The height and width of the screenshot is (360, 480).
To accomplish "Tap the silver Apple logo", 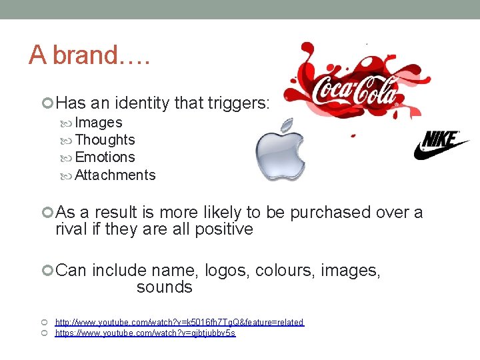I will click(280, 150).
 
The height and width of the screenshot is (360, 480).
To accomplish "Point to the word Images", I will click(99, 123).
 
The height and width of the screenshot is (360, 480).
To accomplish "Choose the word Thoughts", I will click(105, 140).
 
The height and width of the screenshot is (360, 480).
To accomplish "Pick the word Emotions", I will click(105, 157).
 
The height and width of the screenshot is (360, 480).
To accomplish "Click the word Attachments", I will click(115, 175).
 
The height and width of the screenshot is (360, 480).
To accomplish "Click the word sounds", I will click(164, 287).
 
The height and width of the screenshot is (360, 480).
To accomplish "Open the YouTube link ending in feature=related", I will click(179, 323).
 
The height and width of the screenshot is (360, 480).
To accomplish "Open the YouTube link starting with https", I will click(145, 333).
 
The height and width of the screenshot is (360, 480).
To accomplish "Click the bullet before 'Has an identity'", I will click(47, 103).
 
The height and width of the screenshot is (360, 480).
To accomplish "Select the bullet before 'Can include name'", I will click(47, 271).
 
